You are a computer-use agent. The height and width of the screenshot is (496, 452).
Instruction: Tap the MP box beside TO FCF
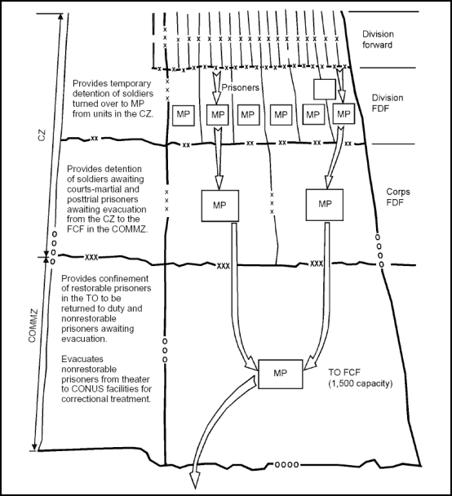tap(280, 374)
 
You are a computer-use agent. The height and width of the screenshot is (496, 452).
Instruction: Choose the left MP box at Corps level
tap(218, 203)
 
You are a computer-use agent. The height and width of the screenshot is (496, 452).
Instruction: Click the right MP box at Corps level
tap(326, 203)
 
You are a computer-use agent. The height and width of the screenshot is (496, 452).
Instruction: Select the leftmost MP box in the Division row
tap(181, 116)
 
